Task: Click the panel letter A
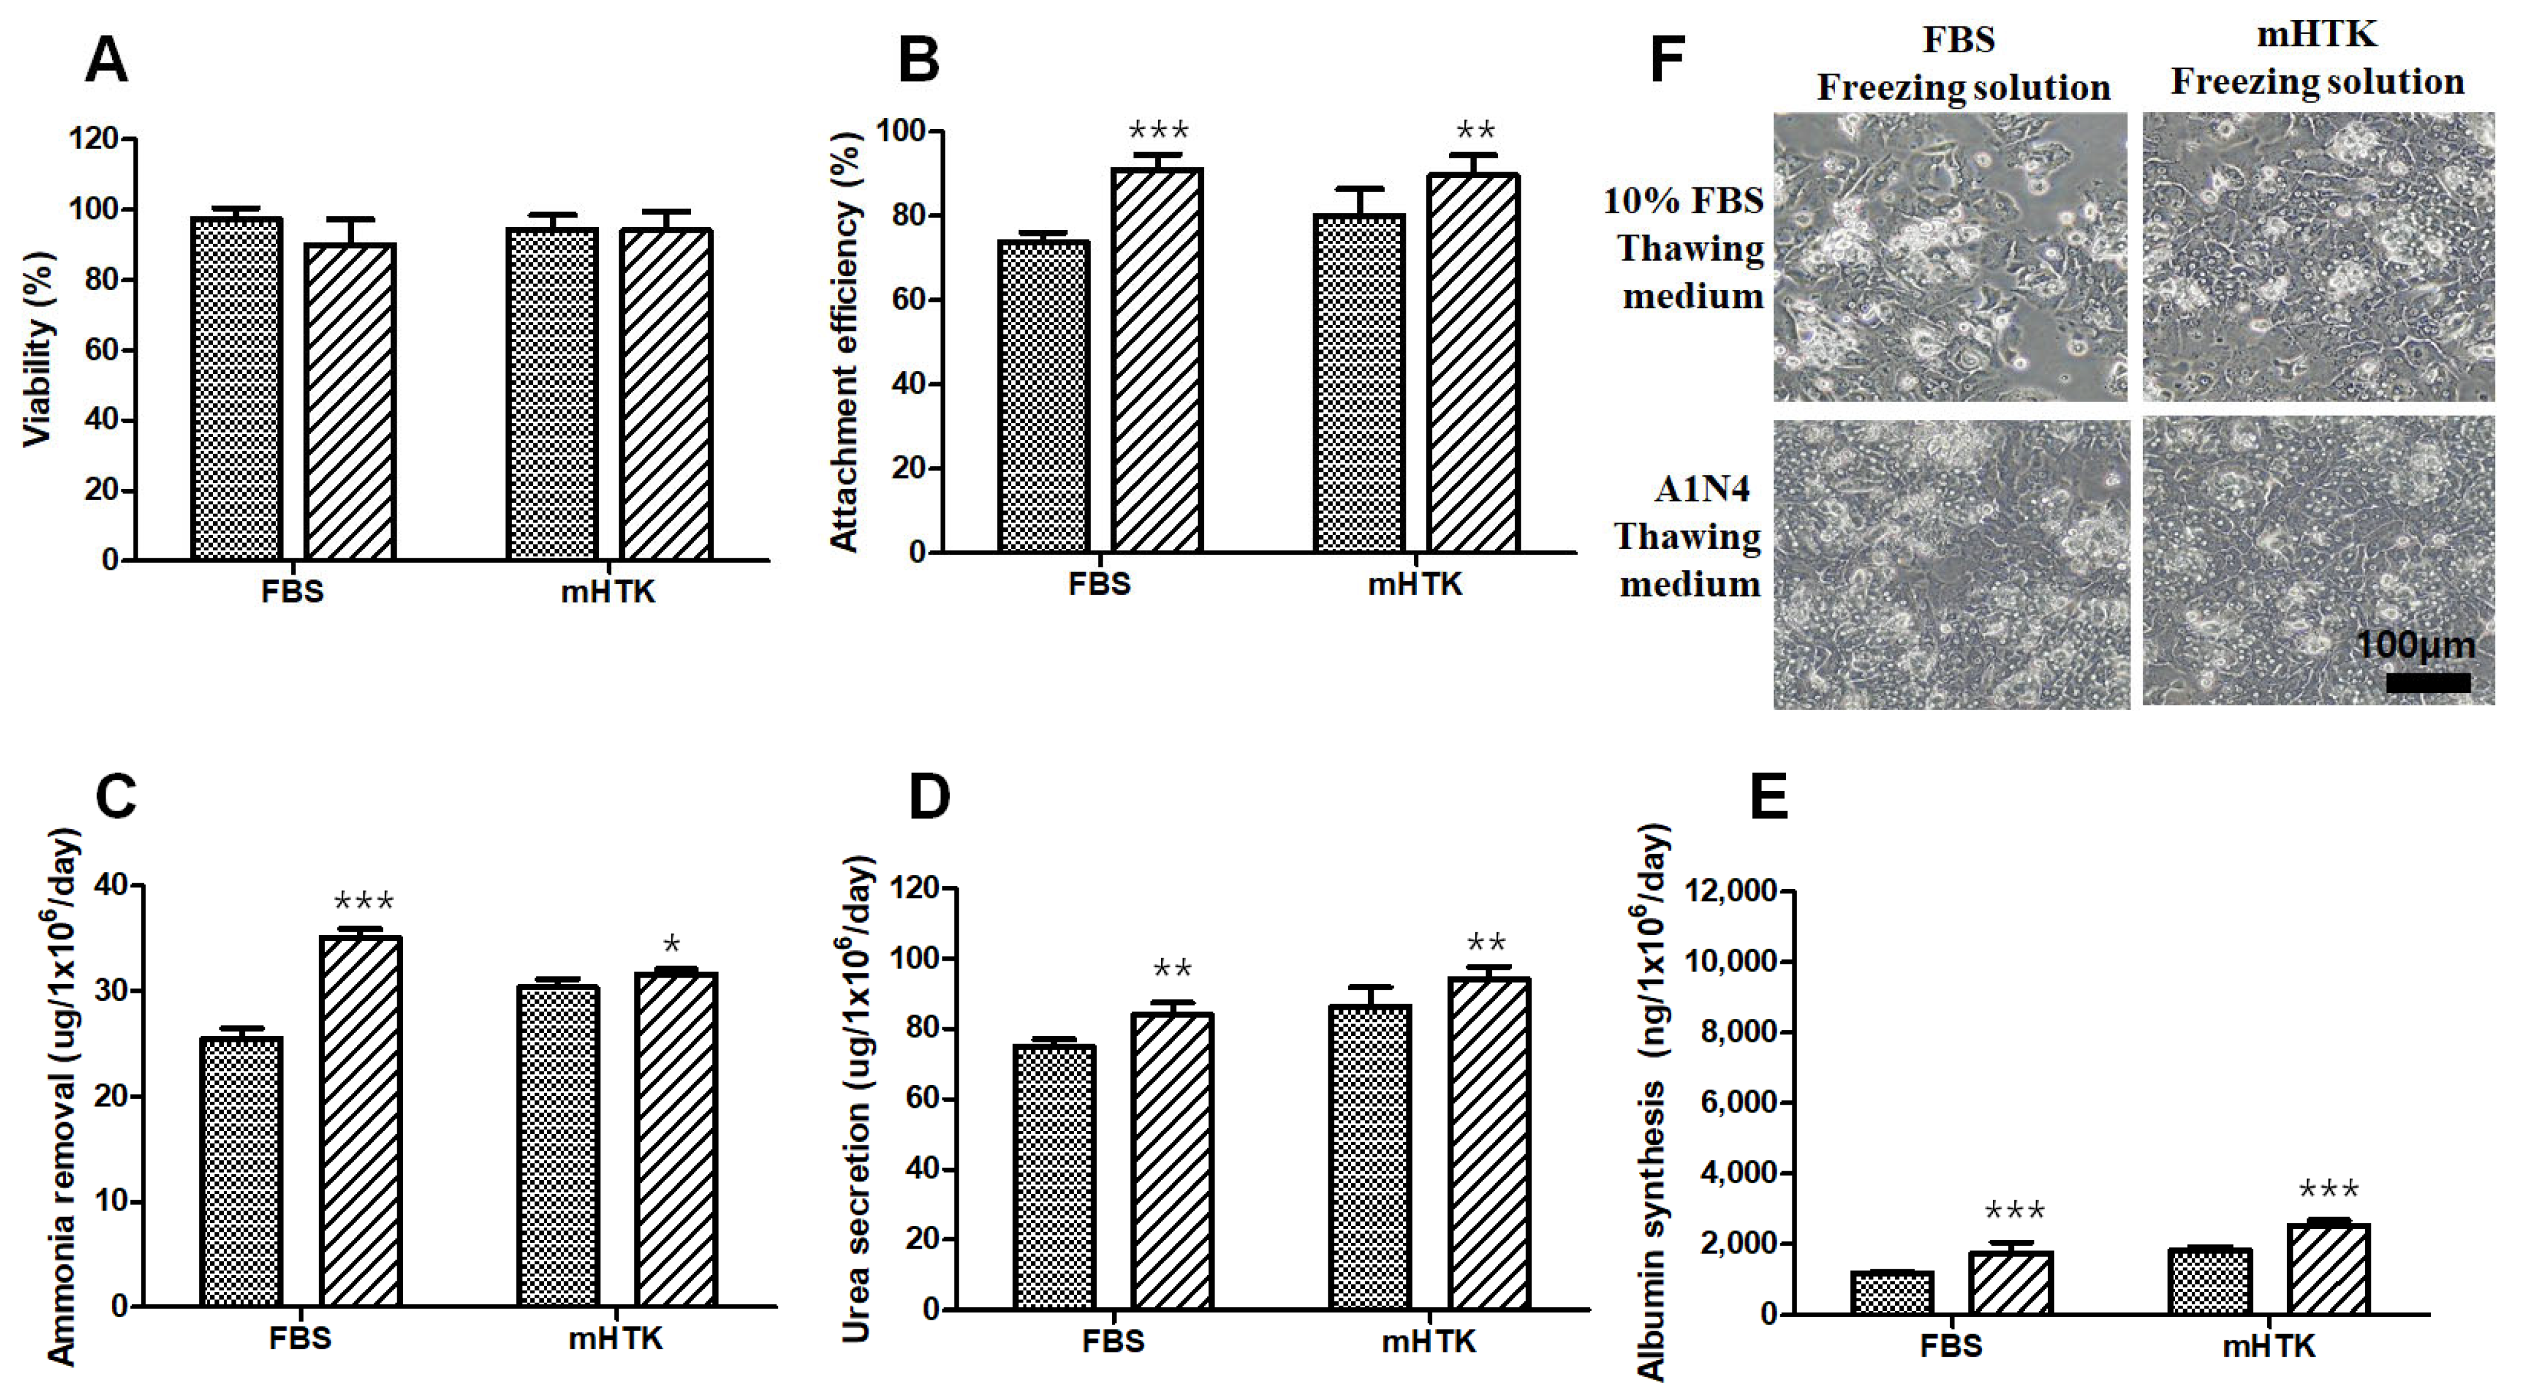[107, 61]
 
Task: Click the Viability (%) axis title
[37, 350]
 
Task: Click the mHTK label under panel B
[1415, 585]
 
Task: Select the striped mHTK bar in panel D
[1489, 1144]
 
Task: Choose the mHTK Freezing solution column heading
[2317, 59]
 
